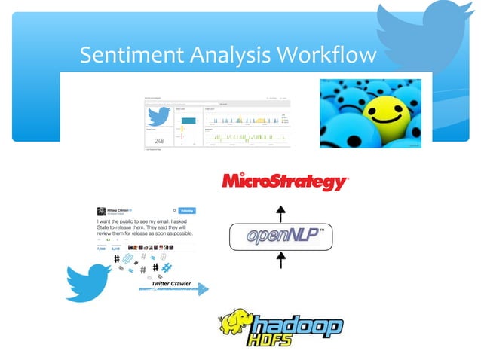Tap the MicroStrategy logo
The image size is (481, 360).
coord(284,182)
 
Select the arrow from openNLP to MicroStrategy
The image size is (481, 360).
coord(281,211)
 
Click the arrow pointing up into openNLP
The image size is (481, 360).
coord(281,261)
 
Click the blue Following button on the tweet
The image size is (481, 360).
coord(184,211)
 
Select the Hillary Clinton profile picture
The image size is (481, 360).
coord(100,212)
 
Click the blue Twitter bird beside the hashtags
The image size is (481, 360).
coord(89,280)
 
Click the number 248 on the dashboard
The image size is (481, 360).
coord(159,141)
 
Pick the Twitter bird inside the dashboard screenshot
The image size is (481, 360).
coord(158,117)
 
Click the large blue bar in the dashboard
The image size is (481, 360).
coord(188,120)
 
